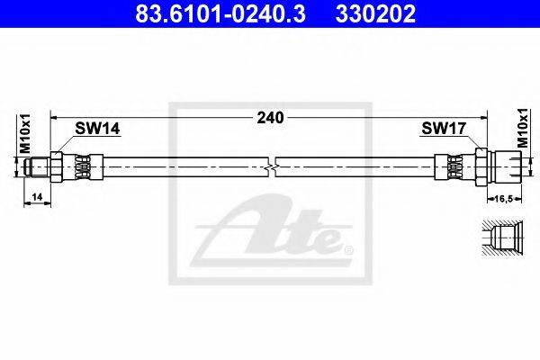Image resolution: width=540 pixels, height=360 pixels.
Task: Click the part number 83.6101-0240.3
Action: pyautogui.click(x=220, y=13)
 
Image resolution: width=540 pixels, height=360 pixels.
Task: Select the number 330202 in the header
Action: pyautogui.click(x=375, y=13)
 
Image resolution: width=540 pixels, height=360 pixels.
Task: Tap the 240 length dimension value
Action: pyautogui.click(x=271, y=118)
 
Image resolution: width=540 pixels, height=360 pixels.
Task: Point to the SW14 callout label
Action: pyautogui.click(x=97, y=129)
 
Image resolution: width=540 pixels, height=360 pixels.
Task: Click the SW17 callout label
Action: pyautogui.click(x=444, y=129)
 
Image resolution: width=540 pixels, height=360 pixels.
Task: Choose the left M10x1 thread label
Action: pyautogui.click(x=25, y=134)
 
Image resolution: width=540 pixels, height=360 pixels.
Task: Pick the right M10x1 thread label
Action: pyautogui.click(x=523, y=128)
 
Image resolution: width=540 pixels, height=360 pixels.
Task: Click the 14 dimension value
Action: pyautogui.click(x=37, y=197)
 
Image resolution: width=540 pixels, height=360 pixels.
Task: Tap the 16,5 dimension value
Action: pyautogui.click(x=504, y=198)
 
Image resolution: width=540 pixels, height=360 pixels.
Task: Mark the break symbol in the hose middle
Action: pyautogui.click(x=272, y=167)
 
